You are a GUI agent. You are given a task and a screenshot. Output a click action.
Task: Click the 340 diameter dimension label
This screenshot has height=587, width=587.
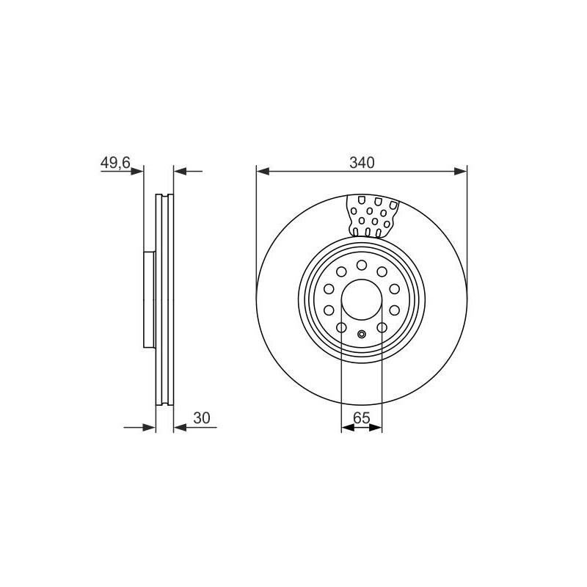click(362, 163)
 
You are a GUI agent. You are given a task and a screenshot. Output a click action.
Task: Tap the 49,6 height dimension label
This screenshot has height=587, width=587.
click(115, 163)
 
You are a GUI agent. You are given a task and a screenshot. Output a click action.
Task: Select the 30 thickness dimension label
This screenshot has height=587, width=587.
click(202, 418)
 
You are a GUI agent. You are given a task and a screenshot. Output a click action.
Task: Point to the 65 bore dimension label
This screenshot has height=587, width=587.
click(362, 418)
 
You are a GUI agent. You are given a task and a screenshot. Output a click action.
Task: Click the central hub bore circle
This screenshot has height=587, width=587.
click(362, 299)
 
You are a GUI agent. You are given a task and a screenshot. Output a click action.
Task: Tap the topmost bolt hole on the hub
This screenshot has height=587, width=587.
click(362, 266)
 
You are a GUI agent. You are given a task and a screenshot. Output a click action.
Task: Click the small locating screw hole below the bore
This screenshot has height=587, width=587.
click(362, 334)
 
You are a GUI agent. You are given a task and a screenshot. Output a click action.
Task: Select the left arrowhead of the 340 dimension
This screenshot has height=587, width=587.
click(263, 172)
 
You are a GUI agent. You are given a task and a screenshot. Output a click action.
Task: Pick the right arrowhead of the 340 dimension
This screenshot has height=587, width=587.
click(461, 172)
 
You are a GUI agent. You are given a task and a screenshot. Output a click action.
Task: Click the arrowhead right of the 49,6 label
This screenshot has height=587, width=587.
click(137, 172)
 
